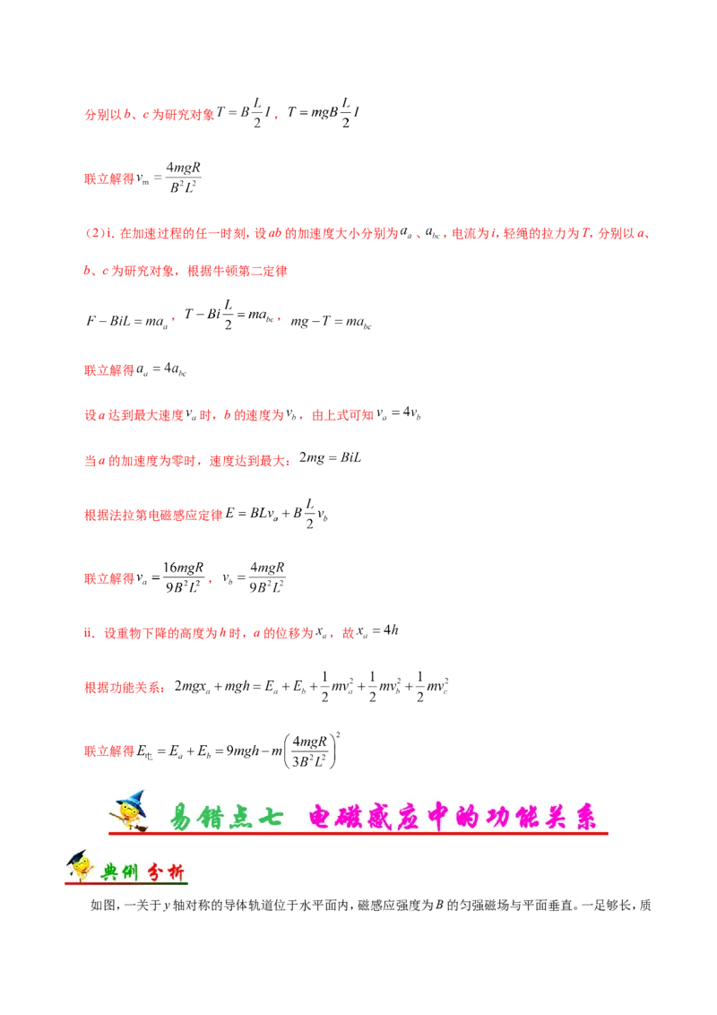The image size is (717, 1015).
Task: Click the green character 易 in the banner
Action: click(x=182, y=817)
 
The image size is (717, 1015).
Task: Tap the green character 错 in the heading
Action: click(x=215, y=817)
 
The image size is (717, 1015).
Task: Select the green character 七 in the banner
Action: click(x=272, y=817)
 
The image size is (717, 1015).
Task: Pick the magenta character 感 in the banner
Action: click(x=398, y=817)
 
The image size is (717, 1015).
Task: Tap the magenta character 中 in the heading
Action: click(x=436, y=817)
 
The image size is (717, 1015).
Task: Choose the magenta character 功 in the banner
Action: click(x=508, y=817)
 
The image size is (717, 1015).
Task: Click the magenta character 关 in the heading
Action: click(x=547, y=817)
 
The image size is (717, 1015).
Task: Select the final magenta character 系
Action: click(x=584, y=817)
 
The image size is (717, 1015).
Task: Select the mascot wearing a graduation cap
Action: click(x=77, y=865)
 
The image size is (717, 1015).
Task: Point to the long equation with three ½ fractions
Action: click(x=314, y=688)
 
